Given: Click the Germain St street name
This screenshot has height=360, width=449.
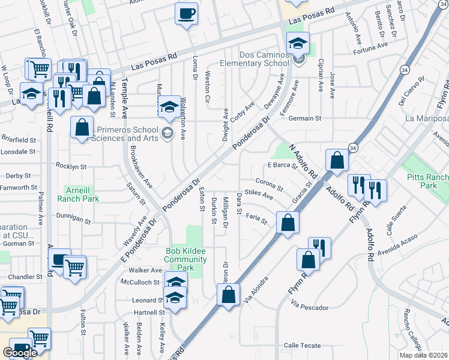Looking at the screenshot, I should [306, 118].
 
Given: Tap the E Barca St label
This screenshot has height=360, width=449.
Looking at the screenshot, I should [283, 165].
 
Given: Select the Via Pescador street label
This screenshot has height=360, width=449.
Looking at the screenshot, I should [309, 307].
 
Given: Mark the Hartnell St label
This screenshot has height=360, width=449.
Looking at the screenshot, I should [149, 313].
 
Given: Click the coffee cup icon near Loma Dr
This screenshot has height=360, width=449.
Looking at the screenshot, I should [186, 13].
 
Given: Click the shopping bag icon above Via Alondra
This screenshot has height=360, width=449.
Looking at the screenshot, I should [228, 295].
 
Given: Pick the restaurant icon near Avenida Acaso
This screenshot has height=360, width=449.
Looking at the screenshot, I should [319, 247].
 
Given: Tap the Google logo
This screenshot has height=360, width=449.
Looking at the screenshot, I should [20, 353].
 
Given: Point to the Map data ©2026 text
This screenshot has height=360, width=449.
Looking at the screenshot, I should [423, 355].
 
